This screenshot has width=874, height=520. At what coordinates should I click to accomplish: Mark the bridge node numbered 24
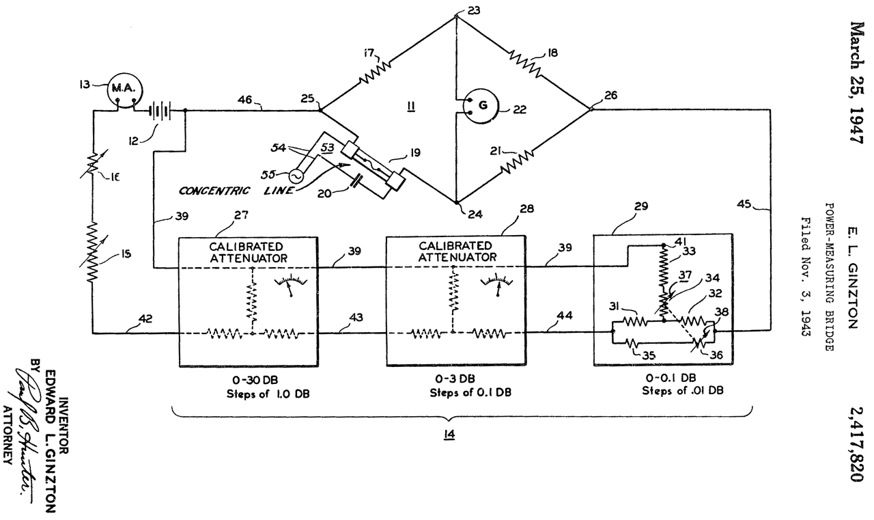click(x=456, y=202)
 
